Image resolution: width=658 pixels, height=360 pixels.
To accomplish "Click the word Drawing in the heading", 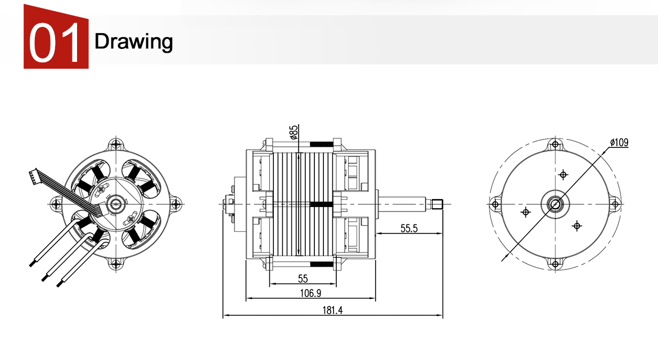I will tap(134, 41).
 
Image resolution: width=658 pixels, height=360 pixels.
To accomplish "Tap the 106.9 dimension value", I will tap(310, 293).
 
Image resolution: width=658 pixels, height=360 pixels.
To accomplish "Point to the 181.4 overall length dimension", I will tap(332, 310).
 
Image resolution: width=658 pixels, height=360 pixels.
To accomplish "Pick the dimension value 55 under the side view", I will tap(303, 278).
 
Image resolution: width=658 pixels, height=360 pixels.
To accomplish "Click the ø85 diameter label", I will tap(294, 132).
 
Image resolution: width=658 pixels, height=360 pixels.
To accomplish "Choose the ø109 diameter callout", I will tap(619, 142).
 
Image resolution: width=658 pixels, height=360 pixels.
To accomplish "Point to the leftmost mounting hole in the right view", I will tap(495, 204).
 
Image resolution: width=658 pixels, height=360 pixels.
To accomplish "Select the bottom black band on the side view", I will tap(322, 263).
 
